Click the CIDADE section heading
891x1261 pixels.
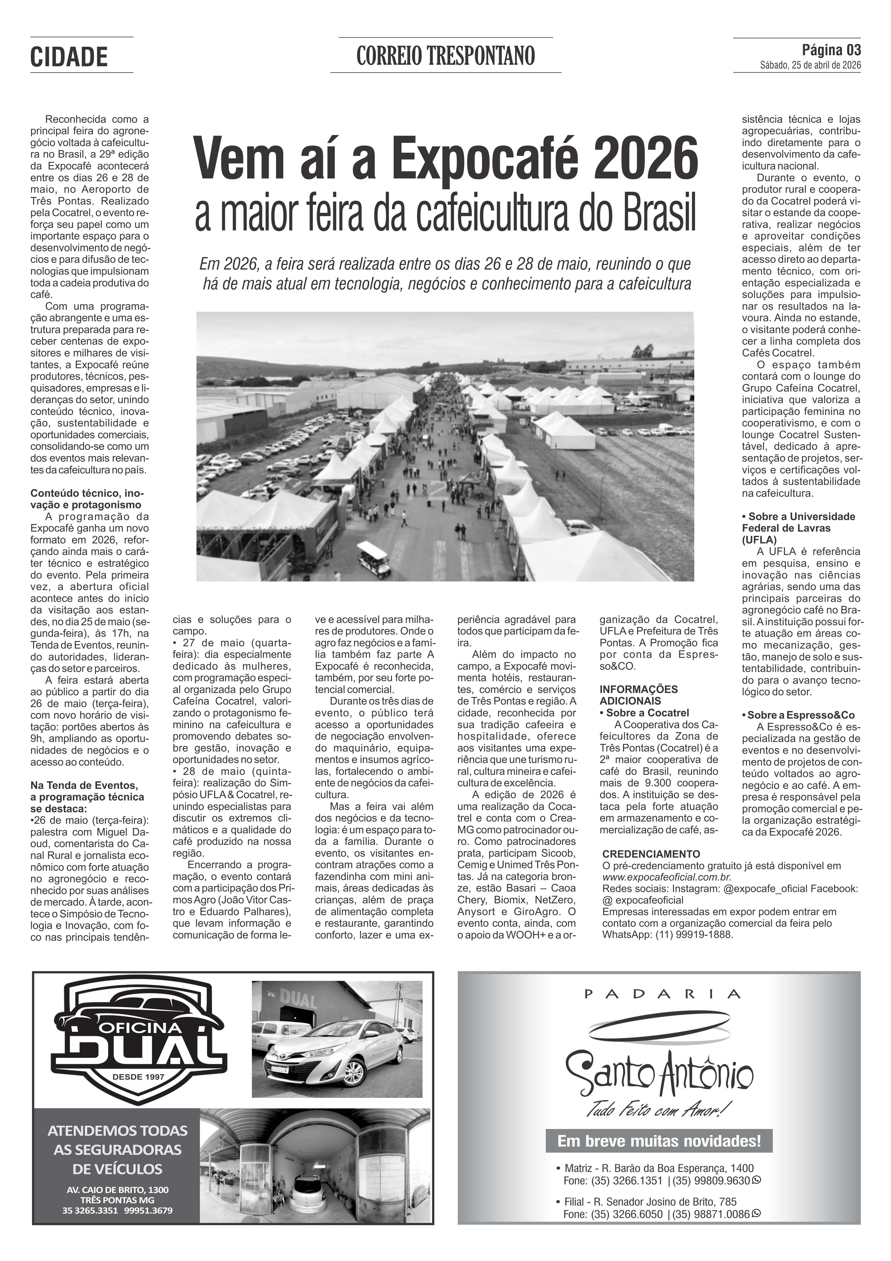[69, 57]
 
